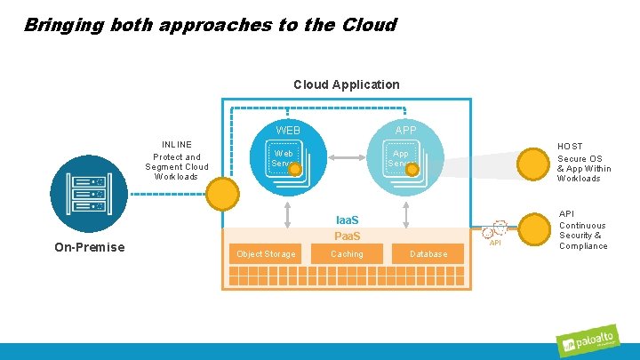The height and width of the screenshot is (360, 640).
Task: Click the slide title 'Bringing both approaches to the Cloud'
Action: coord(210,25)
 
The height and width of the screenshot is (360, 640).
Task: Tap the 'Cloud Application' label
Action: coord(346,84)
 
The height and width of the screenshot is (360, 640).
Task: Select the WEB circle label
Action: coord(287,131)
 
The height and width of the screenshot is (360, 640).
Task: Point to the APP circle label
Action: coord(405,131)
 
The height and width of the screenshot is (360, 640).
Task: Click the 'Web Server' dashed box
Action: coord(284,159)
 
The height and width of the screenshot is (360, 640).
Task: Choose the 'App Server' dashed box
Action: coord(400,159)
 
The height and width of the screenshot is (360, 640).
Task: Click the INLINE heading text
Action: coord(176,144)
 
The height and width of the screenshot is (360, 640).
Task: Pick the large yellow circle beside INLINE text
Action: coord(223,192)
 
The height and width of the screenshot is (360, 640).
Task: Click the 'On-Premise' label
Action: coord(89,247)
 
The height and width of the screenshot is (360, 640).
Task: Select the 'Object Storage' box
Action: coord(266,254)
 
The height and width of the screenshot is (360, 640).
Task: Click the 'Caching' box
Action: coord(347,254)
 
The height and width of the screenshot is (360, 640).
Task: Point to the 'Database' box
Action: coord(428,254)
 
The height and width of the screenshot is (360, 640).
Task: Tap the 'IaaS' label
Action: coord(347,220)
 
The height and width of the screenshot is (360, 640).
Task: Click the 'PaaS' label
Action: coord(347,236)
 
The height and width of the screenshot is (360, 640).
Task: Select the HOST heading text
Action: coord(570,146)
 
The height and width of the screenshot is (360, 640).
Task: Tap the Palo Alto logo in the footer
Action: coord(593,343)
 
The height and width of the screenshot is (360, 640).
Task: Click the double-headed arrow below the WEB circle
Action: coord(288,213)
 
